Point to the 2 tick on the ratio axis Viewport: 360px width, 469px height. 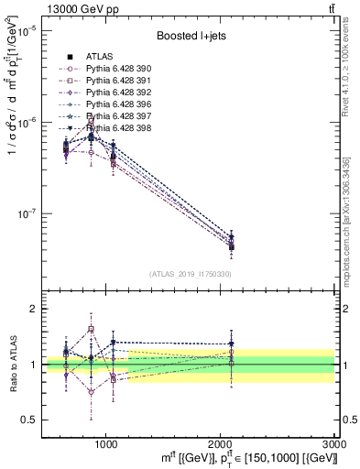33,310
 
